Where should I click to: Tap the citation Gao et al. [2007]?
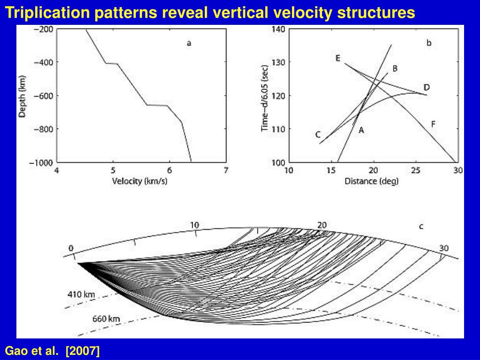pyautogui.click(x=52, y=351)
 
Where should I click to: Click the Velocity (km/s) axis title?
pyautogui.click(x=140, y=181)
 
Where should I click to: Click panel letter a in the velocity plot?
pyautogui.click(x=189, y=44)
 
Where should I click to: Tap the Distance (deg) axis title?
pyautogui.click(x=371, y=181)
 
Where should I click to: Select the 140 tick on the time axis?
pyautogui.click(x=278, y=29)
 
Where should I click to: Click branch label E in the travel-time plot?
pyautogui.click(x=337, y=58)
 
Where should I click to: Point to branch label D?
pyautogui.click(x=427, y=88)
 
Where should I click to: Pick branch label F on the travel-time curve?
pyautogui.click(x=433, y=124)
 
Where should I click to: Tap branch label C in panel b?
pyautogui.click(x=318, y=135)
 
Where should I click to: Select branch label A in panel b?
pyautogui.click(x=361, y=131)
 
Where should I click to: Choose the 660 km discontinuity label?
pyautogui.click(x=106, y=319)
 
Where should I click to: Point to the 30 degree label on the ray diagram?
pyautogui.click(x=444, y=248)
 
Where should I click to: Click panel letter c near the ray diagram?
pyautogui.click(x=421, y=226)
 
